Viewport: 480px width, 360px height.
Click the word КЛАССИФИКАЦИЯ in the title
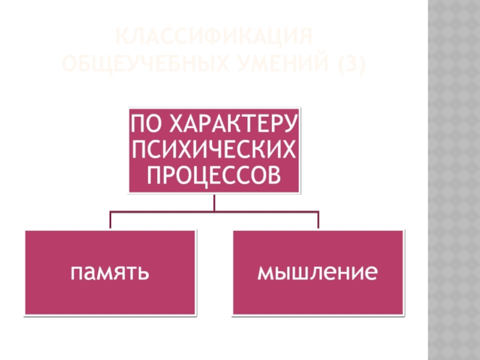(215, 37)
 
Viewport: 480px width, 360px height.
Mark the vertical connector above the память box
(110, 220)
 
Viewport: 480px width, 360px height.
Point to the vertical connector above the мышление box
(318, 220)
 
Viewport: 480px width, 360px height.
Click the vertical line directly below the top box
(214, 202)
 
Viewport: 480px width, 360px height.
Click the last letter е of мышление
(372, 274)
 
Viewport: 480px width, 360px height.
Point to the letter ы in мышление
(281, 274)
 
